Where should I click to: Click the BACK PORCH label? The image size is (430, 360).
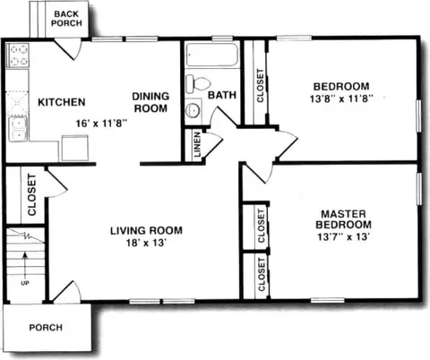coord(66,19)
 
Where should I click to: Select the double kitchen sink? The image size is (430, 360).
coord(19,129)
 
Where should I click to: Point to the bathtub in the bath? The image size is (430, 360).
coord(212,55)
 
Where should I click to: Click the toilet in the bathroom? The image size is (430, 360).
coord(197,83)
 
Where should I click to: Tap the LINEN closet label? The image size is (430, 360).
coord(197,145)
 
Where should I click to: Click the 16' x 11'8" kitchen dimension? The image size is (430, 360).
coord(102,123)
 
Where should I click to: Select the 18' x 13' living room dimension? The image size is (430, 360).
coord(146,243)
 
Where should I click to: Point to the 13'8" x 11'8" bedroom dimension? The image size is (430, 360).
coord(341,99)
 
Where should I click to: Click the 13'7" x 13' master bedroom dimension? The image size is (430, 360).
coord(344,236)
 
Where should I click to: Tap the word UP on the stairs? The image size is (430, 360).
coord(25,283)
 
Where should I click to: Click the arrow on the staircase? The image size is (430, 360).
coord(25,265)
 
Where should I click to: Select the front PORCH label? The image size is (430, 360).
coord(46,328)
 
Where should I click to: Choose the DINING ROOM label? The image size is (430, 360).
coord(150,102)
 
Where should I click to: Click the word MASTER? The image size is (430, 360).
coord(343,214)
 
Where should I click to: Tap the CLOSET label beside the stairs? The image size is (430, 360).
coord(31,194)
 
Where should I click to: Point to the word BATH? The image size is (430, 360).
coord(222,95)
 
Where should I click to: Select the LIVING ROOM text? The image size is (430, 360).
coord(146,230)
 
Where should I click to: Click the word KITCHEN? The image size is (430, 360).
coord(62,102)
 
